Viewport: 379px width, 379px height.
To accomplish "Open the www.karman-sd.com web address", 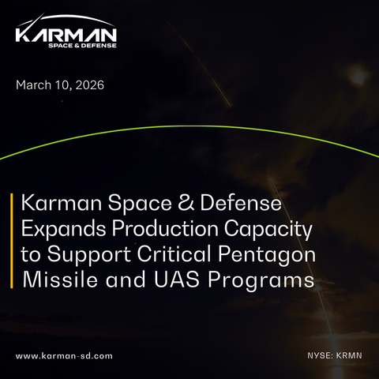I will point(64,356).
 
